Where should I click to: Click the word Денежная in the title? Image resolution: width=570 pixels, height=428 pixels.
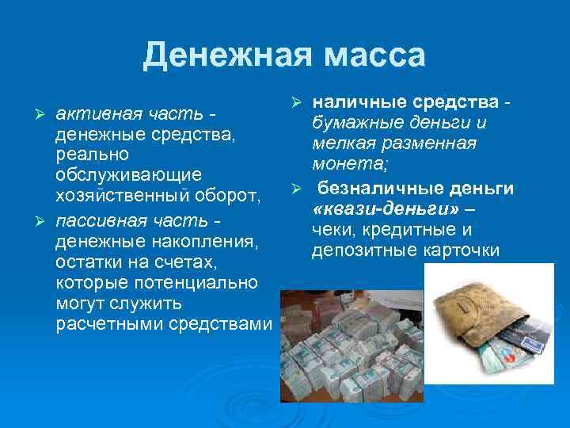pyautogui.click(x=215, y=55)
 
